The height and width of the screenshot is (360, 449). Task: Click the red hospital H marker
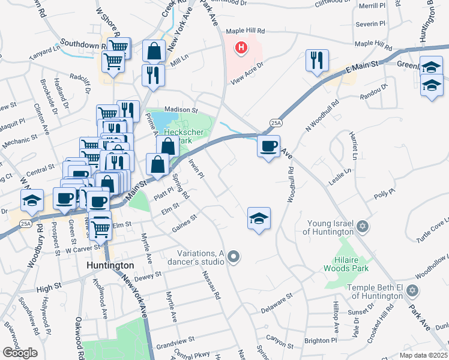click(241, 47)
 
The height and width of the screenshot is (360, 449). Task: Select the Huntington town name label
click(110, 265)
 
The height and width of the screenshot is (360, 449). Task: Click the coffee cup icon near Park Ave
click(268, 145)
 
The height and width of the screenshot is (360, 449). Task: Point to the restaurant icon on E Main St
click(317, 60)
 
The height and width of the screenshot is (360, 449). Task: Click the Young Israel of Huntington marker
click(361, 226)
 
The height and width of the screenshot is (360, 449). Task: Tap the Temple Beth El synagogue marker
click(411, 290)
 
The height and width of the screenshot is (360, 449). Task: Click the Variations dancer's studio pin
click(234, 257)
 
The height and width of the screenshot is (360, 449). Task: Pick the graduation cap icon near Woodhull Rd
click(259, 218)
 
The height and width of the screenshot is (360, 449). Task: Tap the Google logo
click(20, 352)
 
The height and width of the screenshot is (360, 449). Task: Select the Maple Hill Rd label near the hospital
click(246, 31)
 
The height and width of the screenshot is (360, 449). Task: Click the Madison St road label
click(181, 110)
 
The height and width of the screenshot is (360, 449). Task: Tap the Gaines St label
click(184, 222)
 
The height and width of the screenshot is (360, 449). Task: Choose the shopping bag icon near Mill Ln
click(154, 51)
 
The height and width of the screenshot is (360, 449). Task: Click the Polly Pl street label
click(385, 193)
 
